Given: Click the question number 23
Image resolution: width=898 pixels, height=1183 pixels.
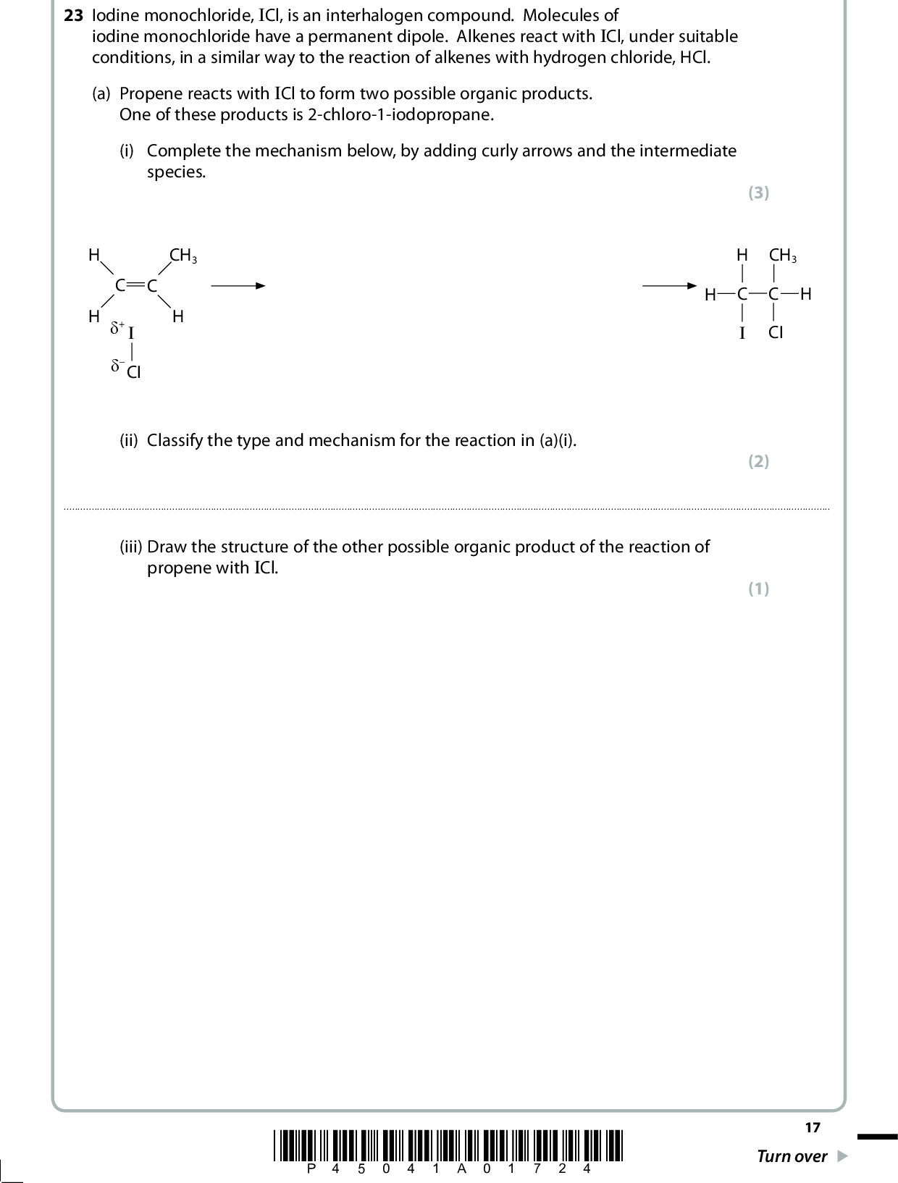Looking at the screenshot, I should [73, 15].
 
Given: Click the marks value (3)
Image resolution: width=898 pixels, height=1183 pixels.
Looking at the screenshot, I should [758, 193].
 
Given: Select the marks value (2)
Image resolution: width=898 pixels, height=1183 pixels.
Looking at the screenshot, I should [758, 461].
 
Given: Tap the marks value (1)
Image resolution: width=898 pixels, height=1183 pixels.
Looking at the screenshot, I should [758, 589].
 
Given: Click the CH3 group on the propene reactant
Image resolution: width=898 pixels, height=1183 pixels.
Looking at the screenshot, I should [182, 256].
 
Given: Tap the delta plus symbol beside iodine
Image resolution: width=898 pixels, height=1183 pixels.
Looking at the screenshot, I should [117, 328].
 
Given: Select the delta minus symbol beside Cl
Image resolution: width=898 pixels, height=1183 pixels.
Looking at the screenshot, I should [117, 366].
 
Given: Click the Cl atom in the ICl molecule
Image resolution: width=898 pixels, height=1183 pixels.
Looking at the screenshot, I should [134, 373].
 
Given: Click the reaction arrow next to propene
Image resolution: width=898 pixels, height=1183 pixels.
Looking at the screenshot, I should [238, 286].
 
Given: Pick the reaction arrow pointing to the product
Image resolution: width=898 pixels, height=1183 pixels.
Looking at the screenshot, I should [668, 286].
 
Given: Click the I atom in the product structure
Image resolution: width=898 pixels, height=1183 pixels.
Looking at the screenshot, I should [742, 333].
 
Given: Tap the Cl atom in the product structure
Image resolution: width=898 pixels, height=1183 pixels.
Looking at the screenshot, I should [776, 333].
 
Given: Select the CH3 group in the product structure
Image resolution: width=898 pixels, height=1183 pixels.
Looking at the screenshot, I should [782, 255].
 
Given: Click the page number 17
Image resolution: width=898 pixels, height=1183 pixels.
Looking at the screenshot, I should [813, 1127].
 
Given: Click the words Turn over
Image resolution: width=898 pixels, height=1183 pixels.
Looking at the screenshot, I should [792, 1156].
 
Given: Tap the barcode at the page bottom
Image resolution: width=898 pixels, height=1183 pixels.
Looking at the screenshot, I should [448, 1145].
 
